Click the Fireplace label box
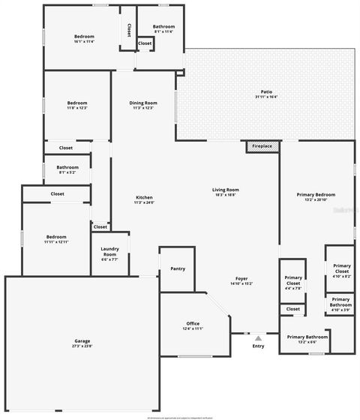pyautogui.click(x=262, y=145)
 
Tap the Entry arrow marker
pyautogui.click(x=258, y=337)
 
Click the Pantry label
pyautogui.click(x=178, y=268)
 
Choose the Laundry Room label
pyautogui.click(x=109, y=254)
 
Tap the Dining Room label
pyautogui.click(x=143, y=103)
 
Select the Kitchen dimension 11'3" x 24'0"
pyautogui.click(x=143, y=202)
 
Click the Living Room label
pyautogui.click(x=225, y=190)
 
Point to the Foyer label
pyautogui.click(x=241, y=278)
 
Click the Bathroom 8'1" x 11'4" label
pyautogui.click(x=163, y=27)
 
